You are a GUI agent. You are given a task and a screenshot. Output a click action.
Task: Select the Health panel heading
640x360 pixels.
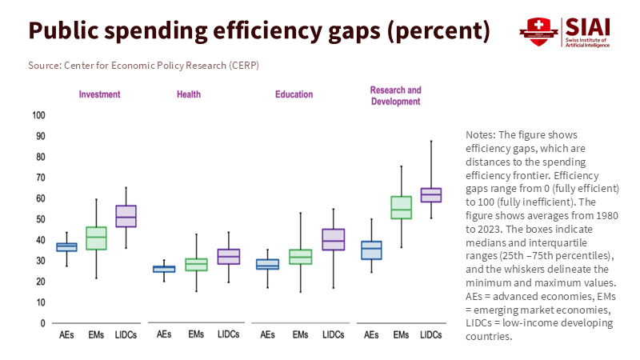pos(189,94)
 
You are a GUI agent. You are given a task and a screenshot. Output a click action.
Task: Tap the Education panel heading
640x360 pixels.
pos(294,94)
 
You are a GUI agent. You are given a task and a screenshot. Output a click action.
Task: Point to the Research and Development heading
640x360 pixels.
pos(395,96)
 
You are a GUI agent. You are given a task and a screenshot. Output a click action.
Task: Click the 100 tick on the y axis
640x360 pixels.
pos(38,115)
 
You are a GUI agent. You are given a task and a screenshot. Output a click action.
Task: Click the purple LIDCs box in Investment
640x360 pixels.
pos(126,216)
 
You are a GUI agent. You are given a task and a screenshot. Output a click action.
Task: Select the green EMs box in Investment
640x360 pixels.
pos(97,238)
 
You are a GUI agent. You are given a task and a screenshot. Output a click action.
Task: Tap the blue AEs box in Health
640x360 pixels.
pos(164,269)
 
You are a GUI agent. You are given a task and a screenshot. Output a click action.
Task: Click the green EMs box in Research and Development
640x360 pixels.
pos(401,207)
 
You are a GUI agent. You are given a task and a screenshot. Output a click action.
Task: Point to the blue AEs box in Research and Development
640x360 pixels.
pos(371,250)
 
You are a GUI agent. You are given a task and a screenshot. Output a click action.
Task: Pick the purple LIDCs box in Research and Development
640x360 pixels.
pos(431,195)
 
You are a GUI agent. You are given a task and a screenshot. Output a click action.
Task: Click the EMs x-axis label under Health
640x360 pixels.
pos(196,334)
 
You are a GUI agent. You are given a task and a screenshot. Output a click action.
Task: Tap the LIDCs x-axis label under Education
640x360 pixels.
pos(334,334)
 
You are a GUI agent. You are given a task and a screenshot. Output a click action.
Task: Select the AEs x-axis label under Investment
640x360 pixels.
pos(67,334)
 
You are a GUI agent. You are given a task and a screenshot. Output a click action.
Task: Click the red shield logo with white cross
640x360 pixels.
pos(534,31)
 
